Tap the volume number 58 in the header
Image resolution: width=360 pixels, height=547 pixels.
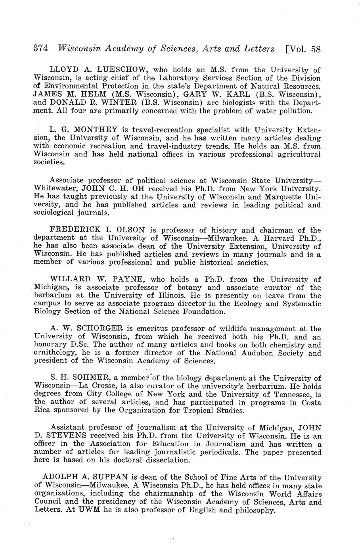[x=316, y=49]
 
